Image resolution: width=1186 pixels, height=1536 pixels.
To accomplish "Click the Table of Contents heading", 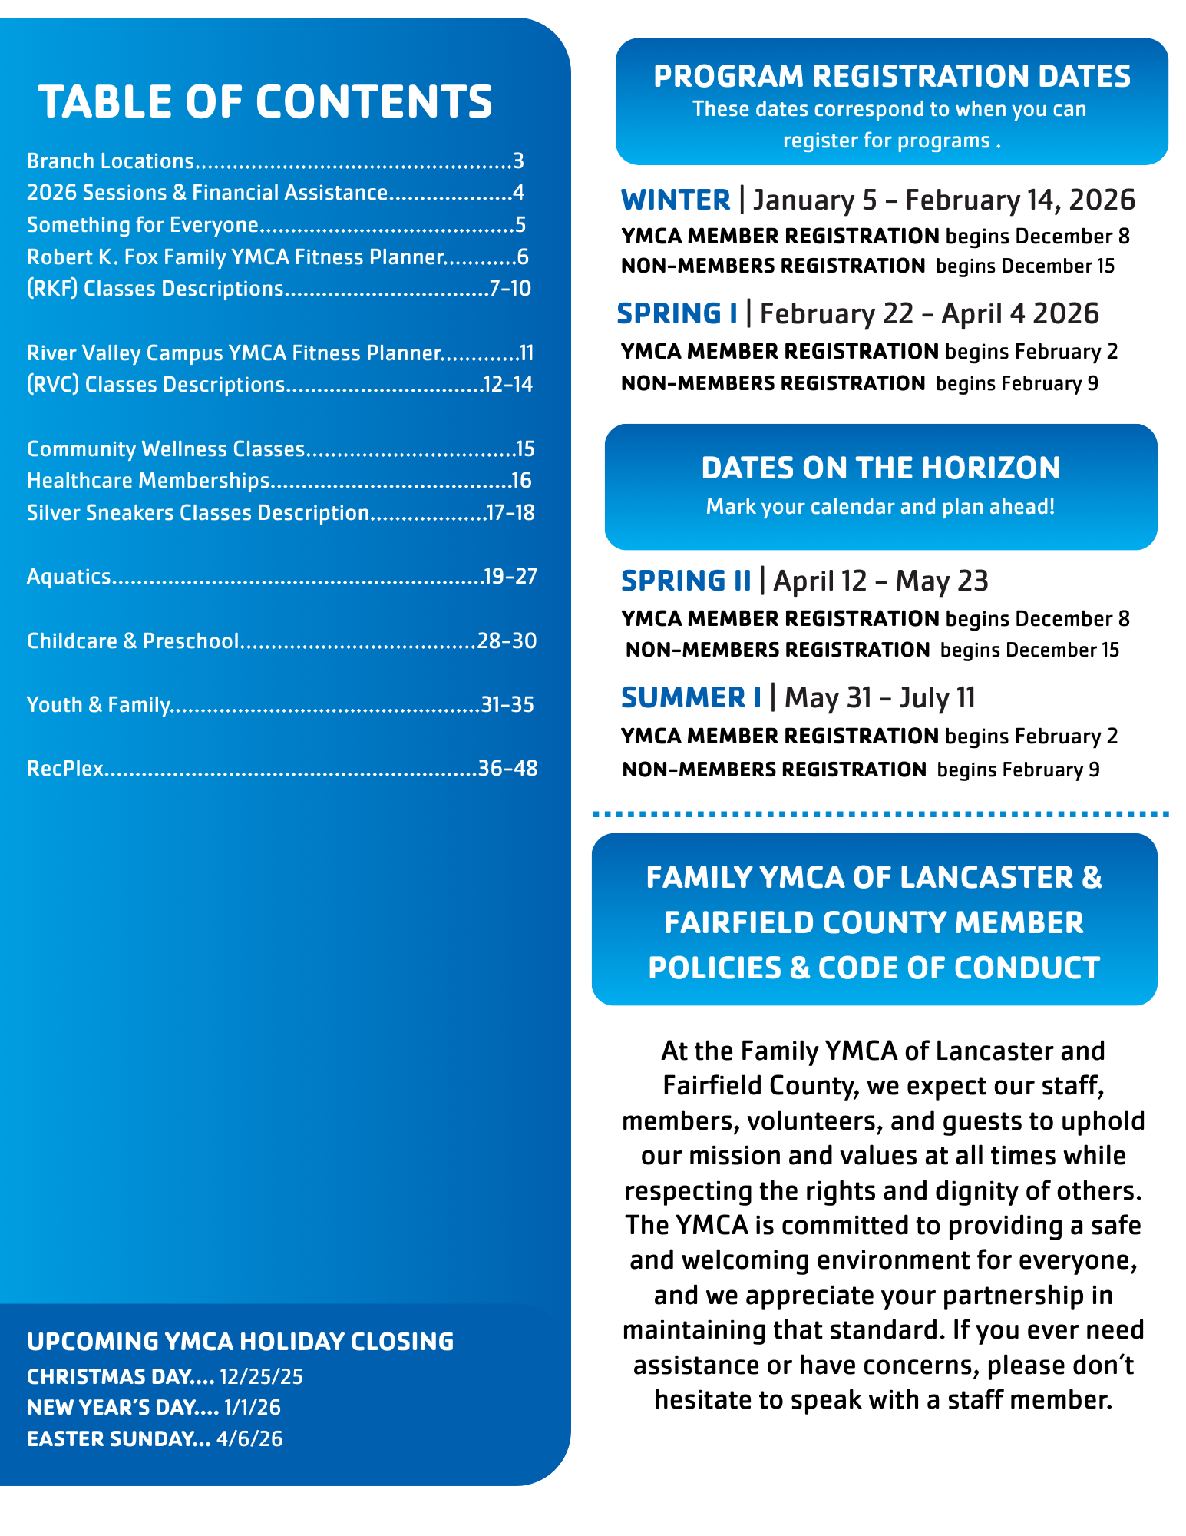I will pos(265,101).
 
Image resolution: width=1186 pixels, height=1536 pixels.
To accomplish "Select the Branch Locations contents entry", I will pos(111,161).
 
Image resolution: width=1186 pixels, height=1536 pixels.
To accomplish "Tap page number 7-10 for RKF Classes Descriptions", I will pos(510,289).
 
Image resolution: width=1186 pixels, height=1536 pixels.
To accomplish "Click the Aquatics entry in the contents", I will pos(69,577).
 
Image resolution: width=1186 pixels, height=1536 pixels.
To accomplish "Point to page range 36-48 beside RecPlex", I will pos(507,768).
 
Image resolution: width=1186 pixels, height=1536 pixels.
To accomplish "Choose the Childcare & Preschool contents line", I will pos(133,641).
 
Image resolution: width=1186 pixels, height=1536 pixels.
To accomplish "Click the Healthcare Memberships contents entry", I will pos(148,481).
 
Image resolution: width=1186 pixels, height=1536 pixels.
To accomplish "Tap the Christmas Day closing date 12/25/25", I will pos(261,1376).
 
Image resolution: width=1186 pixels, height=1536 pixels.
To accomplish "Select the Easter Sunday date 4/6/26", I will pos(249,1438).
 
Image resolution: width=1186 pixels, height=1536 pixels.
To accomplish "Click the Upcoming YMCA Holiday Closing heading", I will pos(240,1341).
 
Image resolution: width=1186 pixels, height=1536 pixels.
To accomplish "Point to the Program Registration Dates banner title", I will pos(892,76).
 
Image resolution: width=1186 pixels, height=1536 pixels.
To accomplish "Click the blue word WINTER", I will pos(676,200).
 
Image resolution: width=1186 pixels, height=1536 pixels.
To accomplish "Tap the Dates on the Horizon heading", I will pos(880,468).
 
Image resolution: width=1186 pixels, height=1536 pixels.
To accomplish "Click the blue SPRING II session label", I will pos(686,581).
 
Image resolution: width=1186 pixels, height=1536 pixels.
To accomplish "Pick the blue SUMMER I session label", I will pos(691,697).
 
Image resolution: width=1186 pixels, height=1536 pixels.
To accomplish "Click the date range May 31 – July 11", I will pos(880,697).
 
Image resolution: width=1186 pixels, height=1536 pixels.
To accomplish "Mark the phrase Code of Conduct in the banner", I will pos(959,968).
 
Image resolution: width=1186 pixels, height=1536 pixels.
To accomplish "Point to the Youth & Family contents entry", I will pos(98,704).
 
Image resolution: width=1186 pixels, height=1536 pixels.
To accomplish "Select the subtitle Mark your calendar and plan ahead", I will pos(880,507).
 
